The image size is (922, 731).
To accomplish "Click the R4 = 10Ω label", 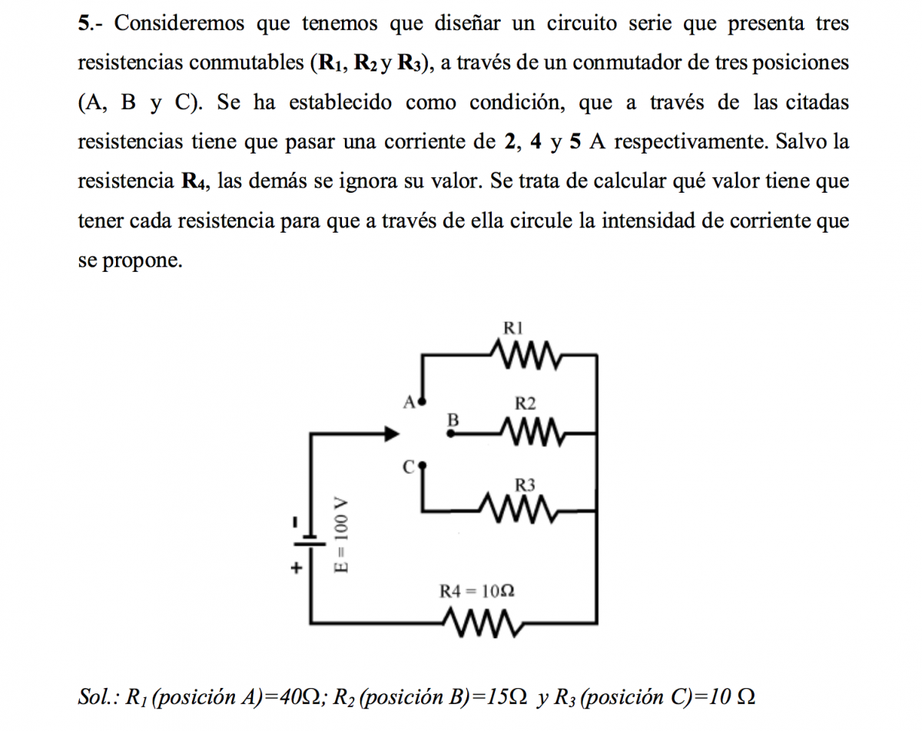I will click(477, 591).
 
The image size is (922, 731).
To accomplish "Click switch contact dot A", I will click(420, 401).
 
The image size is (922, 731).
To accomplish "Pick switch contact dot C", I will click(422, 465).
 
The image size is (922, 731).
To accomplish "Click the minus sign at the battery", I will click(295, 522).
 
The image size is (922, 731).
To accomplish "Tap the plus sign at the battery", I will click(295, 569).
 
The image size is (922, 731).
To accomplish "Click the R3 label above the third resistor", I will click(525, 485).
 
